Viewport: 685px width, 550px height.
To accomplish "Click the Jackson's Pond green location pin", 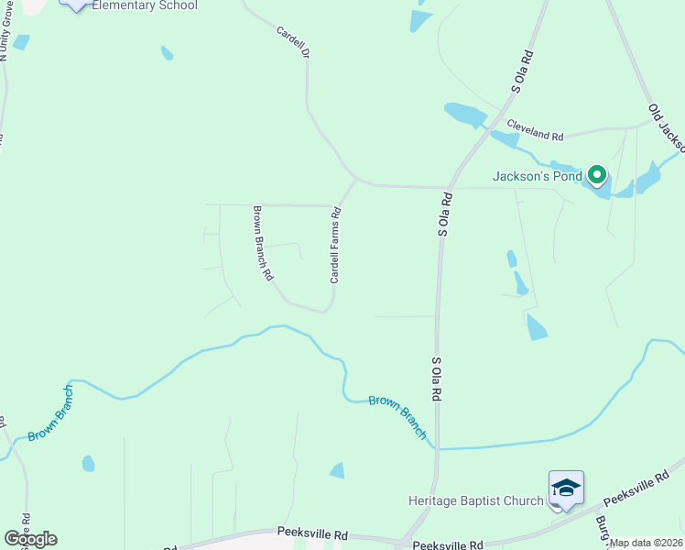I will pos(597,174).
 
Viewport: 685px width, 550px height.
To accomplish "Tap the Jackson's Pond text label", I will pos(538,176).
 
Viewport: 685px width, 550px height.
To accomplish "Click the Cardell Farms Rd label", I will pos(335,245).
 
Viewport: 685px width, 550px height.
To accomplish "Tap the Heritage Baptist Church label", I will pos(475,500).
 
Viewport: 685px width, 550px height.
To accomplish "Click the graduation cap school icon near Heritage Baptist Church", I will pos(566,488).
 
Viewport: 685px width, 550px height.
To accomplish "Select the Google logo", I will pos(30,539).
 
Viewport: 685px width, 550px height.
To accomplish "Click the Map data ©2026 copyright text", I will pos(647,543).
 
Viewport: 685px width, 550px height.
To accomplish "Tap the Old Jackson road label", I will pos(667,127).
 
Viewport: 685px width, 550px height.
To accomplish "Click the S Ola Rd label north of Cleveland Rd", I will pos(520,68).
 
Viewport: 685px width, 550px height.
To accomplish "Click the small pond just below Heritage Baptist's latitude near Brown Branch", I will pos(337,470).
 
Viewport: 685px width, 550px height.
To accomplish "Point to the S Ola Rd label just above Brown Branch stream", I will pos(437,378).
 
